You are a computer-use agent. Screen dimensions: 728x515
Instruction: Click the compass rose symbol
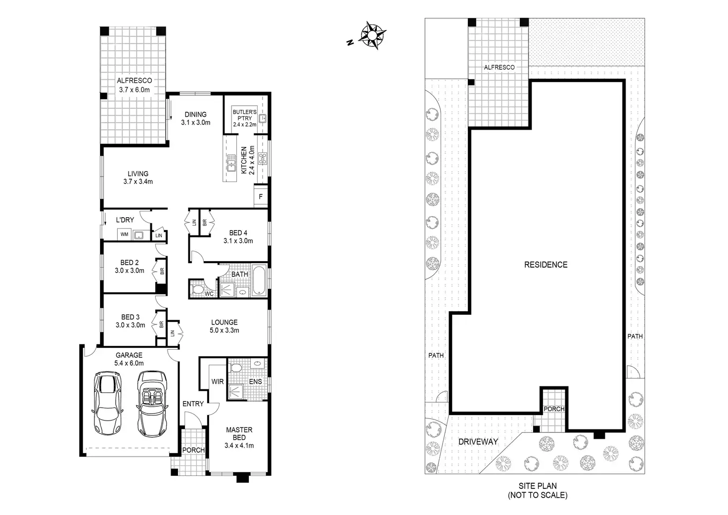[x=373, y=35]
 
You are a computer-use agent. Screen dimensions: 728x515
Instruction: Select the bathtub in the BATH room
[x=259, y=281]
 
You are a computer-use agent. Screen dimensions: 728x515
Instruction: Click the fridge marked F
[x=261, y=196]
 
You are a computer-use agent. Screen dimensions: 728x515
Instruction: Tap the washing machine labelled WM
[x=124, y=234]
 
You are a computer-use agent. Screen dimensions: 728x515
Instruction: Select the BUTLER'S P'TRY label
[x=245, y=115]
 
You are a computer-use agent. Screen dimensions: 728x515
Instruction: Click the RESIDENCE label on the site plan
[x=546, y=265]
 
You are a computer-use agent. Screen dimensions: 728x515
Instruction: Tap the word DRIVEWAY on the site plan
[x=477, y=441]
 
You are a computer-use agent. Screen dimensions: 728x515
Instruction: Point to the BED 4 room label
[x=238, y=233]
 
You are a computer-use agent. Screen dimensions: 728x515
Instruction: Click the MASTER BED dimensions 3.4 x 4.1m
[x=239, y=445]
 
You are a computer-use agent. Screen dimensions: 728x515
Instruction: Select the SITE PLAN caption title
[x=537, y=486]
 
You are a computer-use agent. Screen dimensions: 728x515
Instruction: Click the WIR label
[x=218, y=381]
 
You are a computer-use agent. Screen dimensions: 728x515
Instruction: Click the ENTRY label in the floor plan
[x=193, y=404]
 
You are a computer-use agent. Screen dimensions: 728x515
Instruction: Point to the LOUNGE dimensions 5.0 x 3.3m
[x=224, y=330]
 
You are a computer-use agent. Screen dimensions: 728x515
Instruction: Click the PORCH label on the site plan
[x=554, y=409]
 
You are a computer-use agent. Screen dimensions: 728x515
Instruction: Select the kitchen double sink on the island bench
[x=231, y=162]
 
